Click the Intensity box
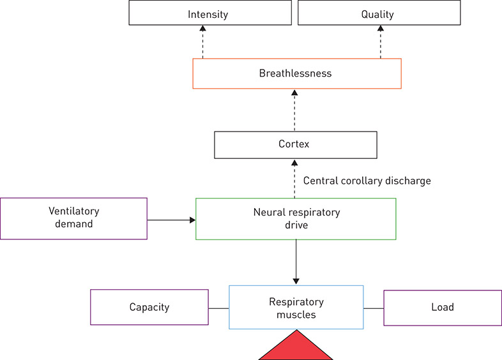208,13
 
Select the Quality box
377,13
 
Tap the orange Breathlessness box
297,73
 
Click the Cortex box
295,145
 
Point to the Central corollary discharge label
367,181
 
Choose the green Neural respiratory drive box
295,218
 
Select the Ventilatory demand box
73,218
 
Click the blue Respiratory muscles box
296,307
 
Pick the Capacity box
149,307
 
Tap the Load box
442,307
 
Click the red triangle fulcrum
296,348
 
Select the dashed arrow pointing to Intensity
202,42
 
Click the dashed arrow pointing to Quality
381,42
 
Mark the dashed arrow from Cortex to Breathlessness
294,110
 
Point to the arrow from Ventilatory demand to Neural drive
171,220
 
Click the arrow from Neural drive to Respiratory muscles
296,262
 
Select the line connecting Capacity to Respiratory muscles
218,308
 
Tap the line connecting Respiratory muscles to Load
373,308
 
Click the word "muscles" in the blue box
296,314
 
